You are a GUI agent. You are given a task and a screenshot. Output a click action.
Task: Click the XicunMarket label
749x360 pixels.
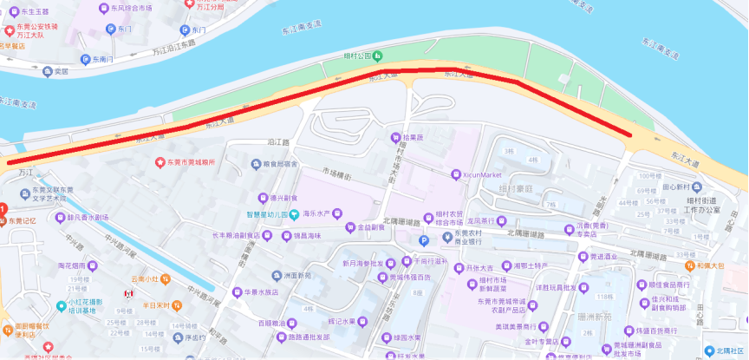click(x=484, y=174)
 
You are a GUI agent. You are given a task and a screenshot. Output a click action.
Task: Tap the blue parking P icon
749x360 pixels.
click(x=424, y=240)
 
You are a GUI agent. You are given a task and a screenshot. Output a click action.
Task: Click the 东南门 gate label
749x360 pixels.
click(x=101, y=59)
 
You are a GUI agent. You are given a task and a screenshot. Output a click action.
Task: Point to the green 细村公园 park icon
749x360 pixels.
click(x=379, y=55)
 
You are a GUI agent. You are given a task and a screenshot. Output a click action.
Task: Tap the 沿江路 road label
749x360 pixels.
click(x=253, y=141)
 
